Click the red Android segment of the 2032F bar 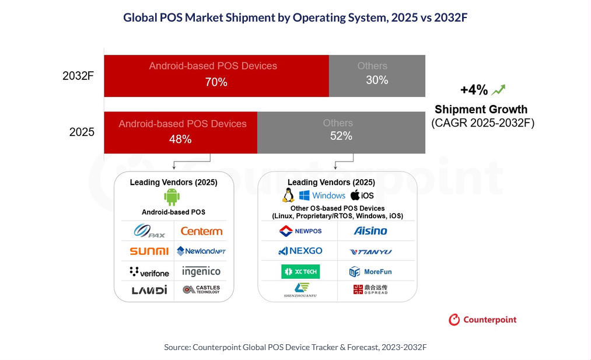pyautogui.click(x=216, y=76)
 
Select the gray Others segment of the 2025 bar pyautogui.click(x=341, y=132)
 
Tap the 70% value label pyautogui.click(x=216, y=82)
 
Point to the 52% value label pyautogui.click(x=341, y=136)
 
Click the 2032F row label pyautogui.click(x=78, y=76)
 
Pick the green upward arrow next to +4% pyautogui.click(x=498, y=90)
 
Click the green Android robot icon pyautogui.click(x=172, y=197)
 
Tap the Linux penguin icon pyautogui.click(x=288, y=195)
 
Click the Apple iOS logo pyautogui.click(x=362, y=195)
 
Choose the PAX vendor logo pyautogui.click(x=149, y=231)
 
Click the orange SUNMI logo pyautogui.click(x=149, y=251)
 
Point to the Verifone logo pyautogui.click(x=149, y=272)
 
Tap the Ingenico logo pyautogui.click(x=201, y=271)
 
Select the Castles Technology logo pyautogui.click(x=201, y=289)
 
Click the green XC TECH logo pyautogui.click(x=300, y=271)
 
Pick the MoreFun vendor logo pyautogui.click(x=370, y=272)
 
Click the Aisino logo pyautogui.click(x=370, y=230)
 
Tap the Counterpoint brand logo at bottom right pyautogui.click(x=482, y=320)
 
